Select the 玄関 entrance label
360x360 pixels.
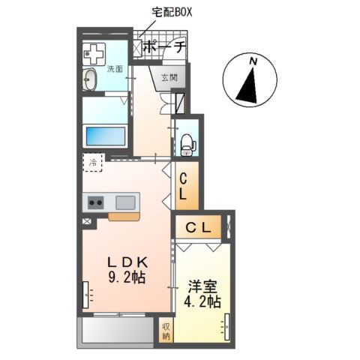[x=168, y=76]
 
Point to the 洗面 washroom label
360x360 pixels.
[x=114, y=70]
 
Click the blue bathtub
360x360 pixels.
[x=104, y=137]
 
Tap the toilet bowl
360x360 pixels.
[x=187, y=142]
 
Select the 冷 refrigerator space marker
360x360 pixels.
[x=94, y=163]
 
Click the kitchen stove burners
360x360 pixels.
[x=96, y=202]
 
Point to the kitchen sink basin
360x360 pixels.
[x=125, y=202]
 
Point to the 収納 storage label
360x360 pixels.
[x=166, y=330]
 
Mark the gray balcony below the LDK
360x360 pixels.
[x=116, y=330]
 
